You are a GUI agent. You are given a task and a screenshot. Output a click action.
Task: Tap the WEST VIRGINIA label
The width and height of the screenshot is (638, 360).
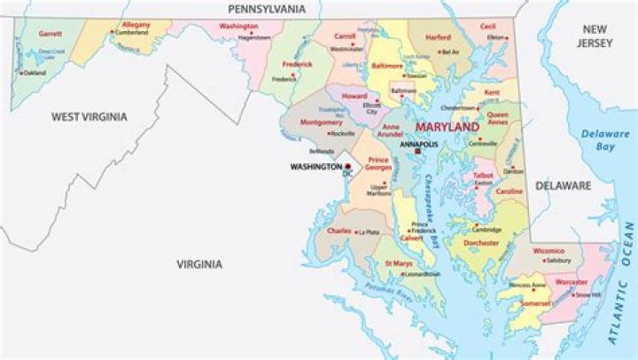89,116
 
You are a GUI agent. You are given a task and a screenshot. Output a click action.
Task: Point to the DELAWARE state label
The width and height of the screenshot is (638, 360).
562,185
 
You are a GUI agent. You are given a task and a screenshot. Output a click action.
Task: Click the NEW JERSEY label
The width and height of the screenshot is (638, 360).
594,36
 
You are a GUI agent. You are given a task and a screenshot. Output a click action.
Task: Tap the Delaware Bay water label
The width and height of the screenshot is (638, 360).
605,141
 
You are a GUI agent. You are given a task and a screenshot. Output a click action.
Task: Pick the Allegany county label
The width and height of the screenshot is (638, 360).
136,26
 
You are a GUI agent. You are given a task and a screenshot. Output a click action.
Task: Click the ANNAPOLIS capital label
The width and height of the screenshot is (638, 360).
419,143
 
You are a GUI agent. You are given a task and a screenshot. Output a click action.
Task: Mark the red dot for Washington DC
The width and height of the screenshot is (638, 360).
348,166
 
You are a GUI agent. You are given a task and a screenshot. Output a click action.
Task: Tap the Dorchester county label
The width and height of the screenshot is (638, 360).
481,241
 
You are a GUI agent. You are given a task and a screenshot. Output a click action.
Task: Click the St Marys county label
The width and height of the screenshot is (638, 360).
398,263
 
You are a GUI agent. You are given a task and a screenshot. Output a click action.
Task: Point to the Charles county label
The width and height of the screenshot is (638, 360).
339,231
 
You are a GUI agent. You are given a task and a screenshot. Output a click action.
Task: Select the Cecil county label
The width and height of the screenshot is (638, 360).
487,27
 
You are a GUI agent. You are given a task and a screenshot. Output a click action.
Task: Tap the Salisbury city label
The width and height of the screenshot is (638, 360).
556,261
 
